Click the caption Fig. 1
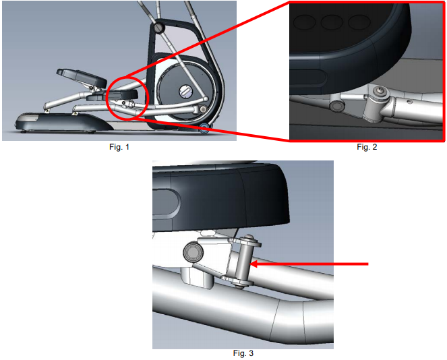coord(119,147)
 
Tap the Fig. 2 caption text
coord(366,147)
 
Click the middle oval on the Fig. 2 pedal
coord(331,22)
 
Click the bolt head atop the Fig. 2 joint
coord(382,90)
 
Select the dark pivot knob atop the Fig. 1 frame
coord(158,28)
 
